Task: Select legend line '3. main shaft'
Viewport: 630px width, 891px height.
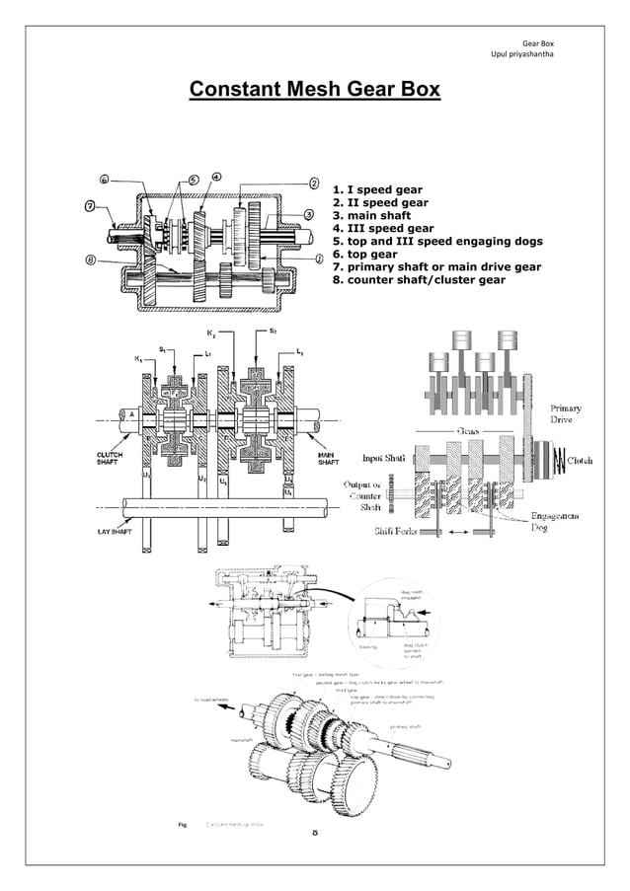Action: (370, 215)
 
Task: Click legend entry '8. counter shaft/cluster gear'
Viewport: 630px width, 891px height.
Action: (420, 279)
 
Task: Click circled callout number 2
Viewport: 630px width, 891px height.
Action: (314, 183)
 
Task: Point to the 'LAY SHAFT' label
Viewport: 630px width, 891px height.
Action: (114, 532)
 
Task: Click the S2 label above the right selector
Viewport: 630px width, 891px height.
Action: (272, 332)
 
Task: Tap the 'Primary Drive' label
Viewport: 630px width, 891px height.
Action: (566, 413)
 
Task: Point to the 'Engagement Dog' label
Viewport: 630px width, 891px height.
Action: (555, 521)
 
